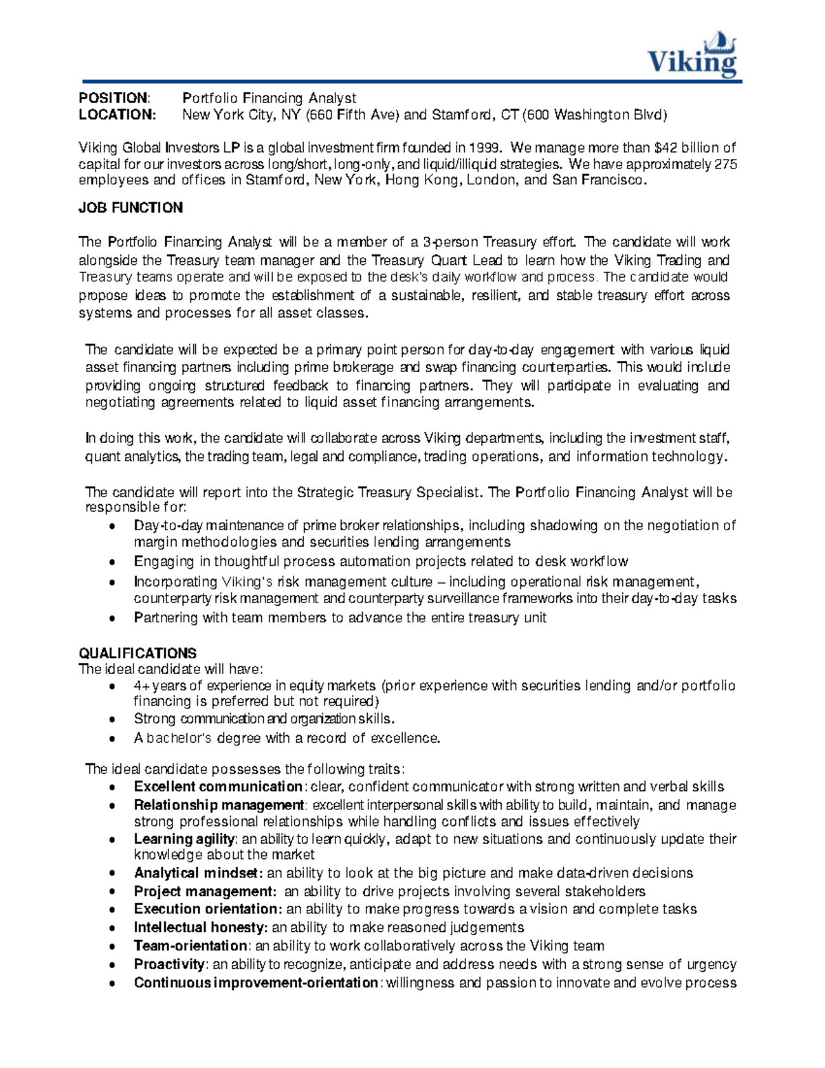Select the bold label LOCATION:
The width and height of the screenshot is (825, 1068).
click(x=118, y=115)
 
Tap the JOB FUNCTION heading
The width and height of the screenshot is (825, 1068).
click(x=131, y=208)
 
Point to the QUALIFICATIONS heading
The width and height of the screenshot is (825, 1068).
click(x=137, y=653)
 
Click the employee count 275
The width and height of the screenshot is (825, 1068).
click(x=726, y=164)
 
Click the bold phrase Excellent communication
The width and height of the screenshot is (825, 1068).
click(x=218, y=787)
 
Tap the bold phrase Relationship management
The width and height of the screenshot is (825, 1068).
click(x=219, y=805)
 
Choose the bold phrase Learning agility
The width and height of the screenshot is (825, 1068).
click(x=184, y=839)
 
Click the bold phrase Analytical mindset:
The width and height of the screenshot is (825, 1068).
click(x=198, y=873)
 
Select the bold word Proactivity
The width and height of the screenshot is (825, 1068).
click(x=169, y=964)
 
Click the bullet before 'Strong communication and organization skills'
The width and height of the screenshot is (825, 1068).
click(x=112, y=720)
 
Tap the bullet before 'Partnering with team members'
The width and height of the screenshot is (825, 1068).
click(x=112, y=618)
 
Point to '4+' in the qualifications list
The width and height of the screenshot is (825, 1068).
click(x=142, y=686)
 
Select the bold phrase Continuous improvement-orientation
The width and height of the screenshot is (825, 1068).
click(x=256, y=983)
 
